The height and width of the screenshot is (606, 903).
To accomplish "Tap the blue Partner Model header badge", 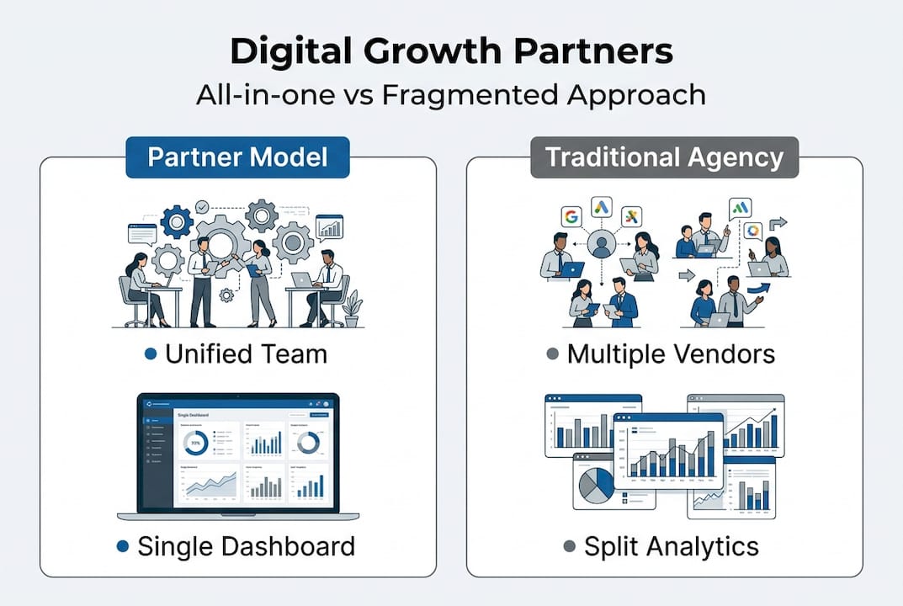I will coord(237,157).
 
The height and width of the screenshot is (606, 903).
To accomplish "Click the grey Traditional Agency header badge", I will coord(664,157).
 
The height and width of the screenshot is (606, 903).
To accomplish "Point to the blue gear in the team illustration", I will coord(177,222).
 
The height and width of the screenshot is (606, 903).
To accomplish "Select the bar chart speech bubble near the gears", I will coord(329,227).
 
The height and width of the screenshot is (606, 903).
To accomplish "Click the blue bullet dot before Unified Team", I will coord(151,354).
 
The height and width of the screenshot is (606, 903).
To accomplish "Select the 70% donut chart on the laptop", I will coord(196,443).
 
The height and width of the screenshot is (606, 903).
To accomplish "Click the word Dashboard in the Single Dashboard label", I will coord(288,546).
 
